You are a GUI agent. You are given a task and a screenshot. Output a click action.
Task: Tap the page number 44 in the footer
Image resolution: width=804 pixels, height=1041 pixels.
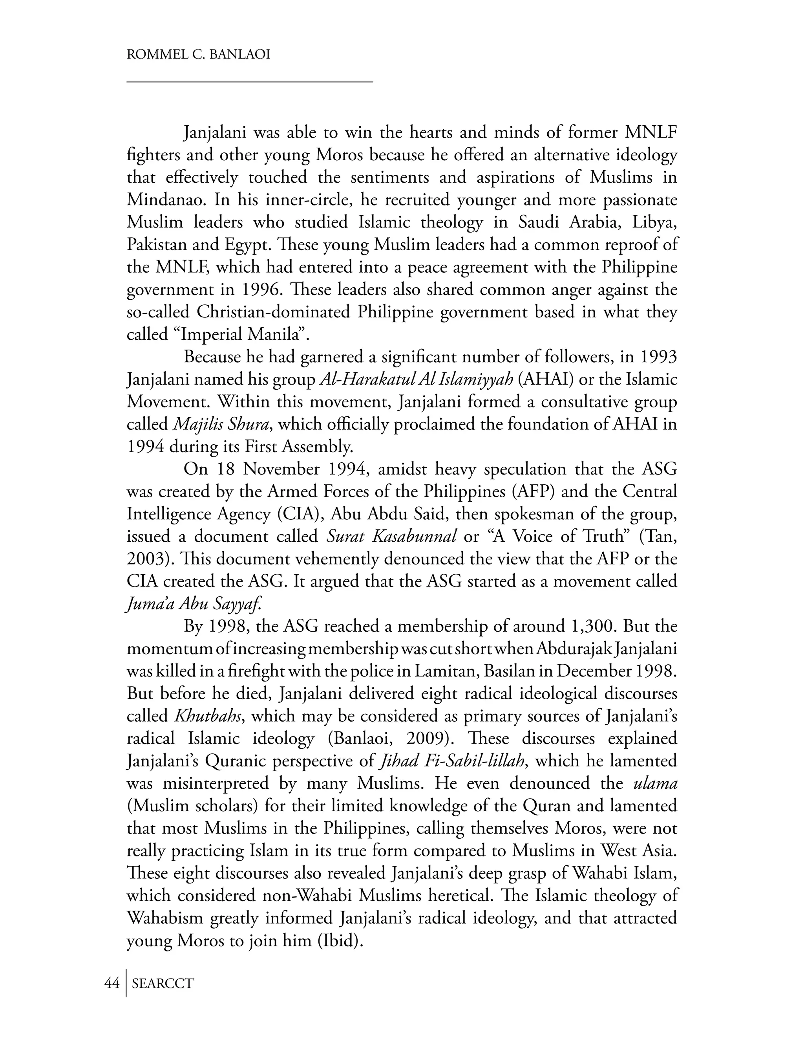pyautogui.click(x=111, y=983)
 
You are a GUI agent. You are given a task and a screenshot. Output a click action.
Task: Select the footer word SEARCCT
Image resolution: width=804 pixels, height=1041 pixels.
pyautogui.click(x=163, y=983)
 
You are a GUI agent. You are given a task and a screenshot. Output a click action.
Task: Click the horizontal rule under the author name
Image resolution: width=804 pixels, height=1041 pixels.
pyautogui.click(x=249, y=82)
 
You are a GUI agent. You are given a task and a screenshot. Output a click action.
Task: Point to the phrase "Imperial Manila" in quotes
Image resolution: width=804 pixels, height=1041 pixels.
pyautogui.click(x=243, y=335)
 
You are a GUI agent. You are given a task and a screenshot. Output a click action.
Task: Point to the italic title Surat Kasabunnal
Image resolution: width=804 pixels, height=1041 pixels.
pyautogui.click(x=391, y=537)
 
